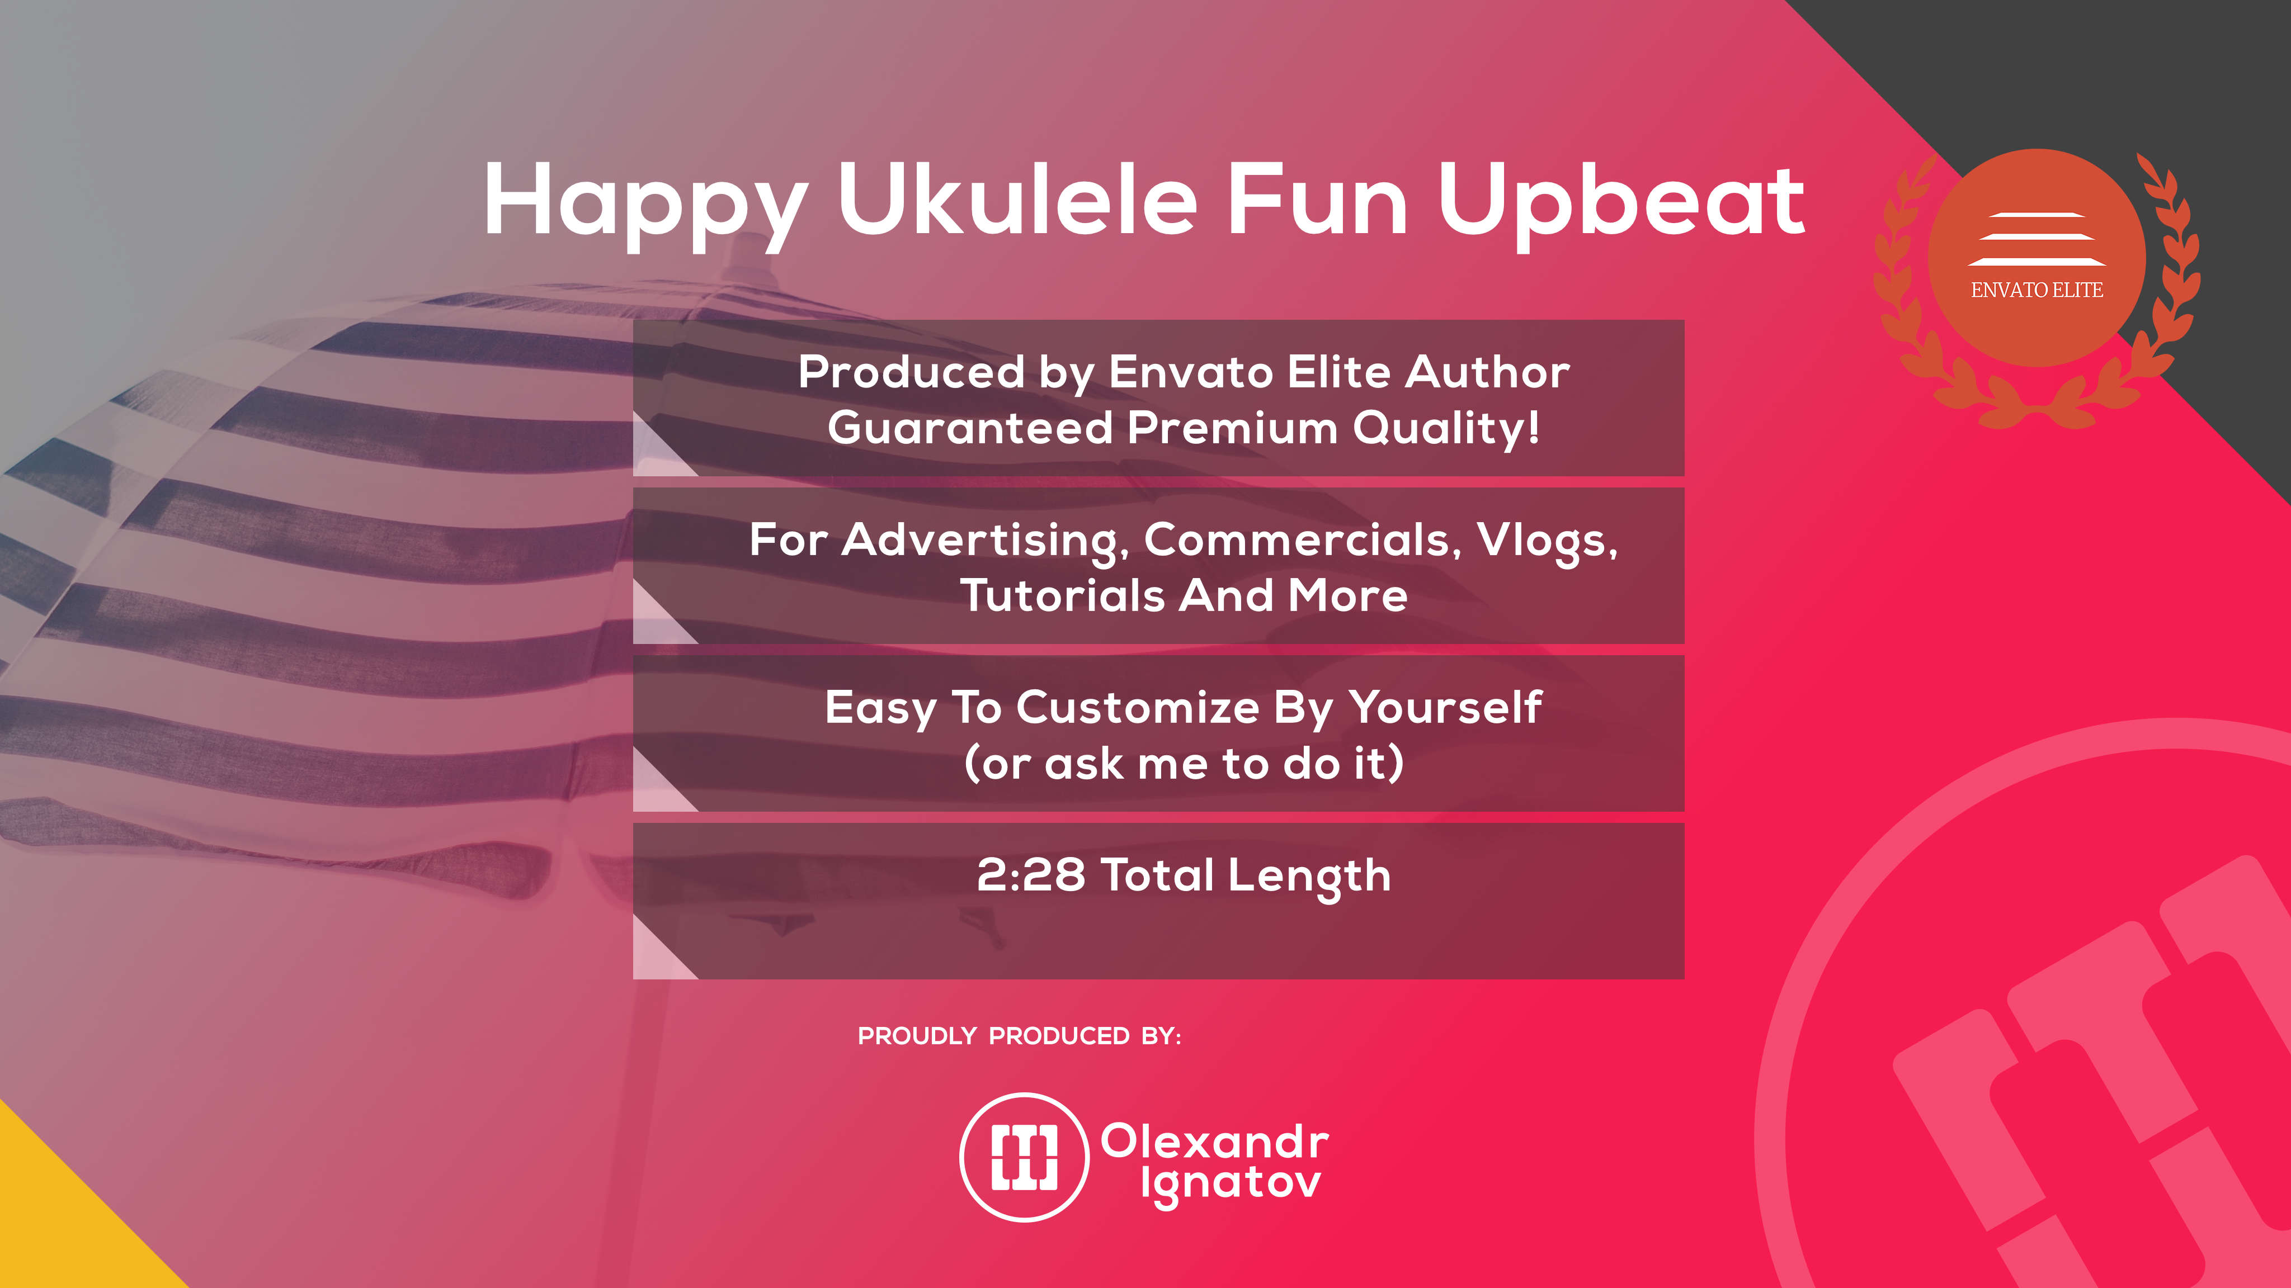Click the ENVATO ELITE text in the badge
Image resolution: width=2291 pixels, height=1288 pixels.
pos(2037,290)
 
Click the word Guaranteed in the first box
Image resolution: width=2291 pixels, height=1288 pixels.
pos(970,428)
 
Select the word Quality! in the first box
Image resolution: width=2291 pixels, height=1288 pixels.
pos(1446,428)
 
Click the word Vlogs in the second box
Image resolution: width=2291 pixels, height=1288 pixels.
pos(1547,541)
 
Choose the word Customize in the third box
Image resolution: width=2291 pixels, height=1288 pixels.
pos(1138,708)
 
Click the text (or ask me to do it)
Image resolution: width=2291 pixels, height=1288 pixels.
pos(1184,763)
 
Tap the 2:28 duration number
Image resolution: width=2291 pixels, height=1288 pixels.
pos(1031,875)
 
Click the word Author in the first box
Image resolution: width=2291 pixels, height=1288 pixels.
pos(1487,372)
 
